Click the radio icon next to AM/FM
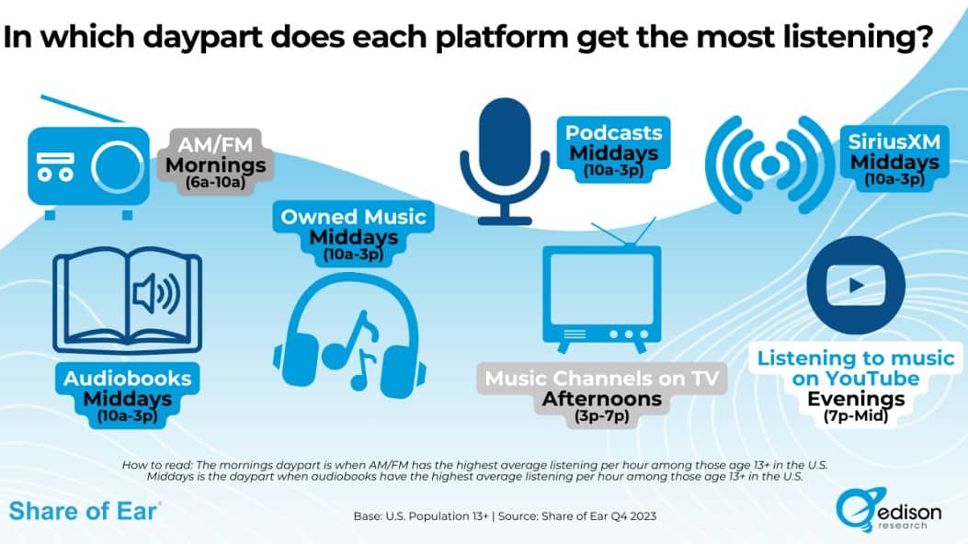(x=88, y=165)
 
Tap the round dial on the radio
(x=118, y=166)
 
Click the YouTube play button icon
(x=856, y=286)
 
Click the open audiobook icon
(x=127, y=301)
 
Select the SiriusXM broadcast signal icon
(x=769, y=165)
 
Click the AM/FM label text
(x=215, y=144)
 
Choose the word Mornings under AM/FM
(x=215, y=164)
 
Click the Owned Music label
(x=353, y=217)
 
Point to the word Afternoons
(x=602, y=399)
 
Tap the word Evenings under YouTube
(x=856, y=399)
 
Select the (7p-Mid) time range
(x=856, y=416)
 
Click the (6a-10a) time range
(x=215, y=183)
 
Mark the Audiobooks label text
(x=127, y=378)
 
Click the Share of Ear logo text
(x=85, y=511)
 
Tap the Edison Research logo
(x=889, y=510)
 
